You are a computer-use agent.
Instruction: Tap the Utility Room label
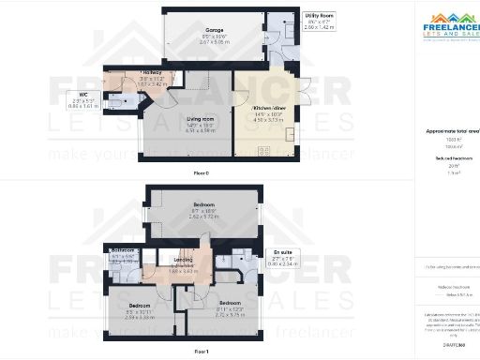[320, 16]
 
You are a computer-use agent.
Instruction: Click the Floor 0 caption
[201, 173]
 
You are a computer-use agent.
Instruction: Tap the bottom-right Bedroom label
[230, 303]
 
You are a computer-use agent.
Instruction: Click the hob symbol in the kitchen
[263, 151]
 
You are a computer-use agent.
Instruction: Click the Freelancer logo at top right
[447, 25]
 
